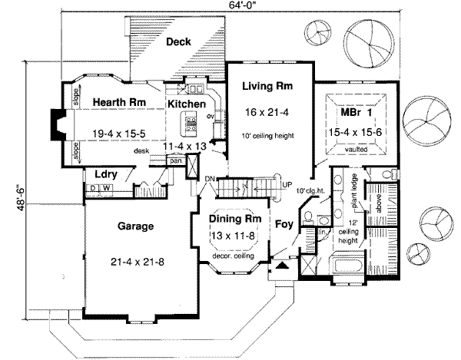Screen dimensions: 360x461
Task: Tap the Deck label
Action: (x=179, y=43)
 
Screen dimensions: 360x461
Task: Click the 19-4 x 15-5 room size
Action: (x=118, y=132)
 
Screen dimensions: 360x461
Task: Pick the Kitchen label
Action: (x=186, y=103)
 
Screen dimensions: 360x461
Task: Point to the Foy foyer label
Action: (x=283, y=225)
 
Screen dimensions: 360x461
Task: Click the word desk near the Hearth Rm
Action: (x=141, y=151)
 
